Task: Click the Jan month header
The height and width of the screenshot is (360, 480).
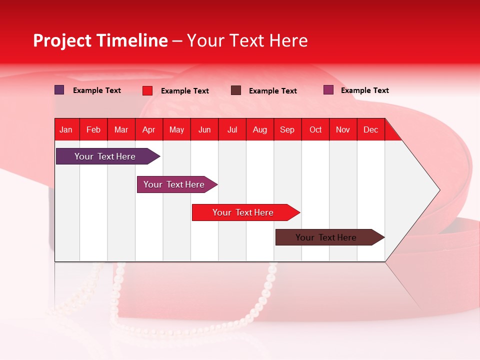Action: pos(66,129)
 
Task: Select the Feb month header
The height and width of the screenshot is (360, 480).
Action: pos(93,129)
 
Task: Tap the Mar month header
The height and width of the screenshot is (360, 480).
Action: pos(121,129)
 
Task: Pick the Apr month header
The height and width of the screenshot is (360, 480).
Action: pos(149,129)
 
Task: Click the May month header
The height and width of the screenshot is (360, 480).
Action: pos(176,129)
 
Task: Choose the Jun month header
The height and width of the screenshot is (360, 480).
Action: pos(204,129)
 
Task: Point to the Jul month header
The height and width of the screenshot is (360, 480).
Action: pos(232,129)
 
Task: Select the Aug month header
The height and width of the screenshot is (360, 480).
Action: pos(260,129)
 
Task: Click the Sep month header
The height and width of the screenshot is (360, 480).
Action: pos(287,129)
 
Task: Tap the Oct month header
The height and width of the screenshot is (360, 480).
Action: pos(315,129)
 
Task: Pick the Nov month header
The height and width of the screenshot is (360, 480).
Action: pos(343,129)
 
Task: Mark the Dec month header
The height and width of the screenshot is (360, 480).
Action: pos(370,129)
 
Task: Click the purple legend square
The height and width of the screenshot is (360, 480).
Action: pos(59,90)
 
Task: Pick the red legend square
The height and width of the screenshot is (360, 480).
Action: pos(147,90)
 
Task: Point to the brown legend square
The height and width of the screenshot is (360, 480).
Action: pos(236,90)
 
